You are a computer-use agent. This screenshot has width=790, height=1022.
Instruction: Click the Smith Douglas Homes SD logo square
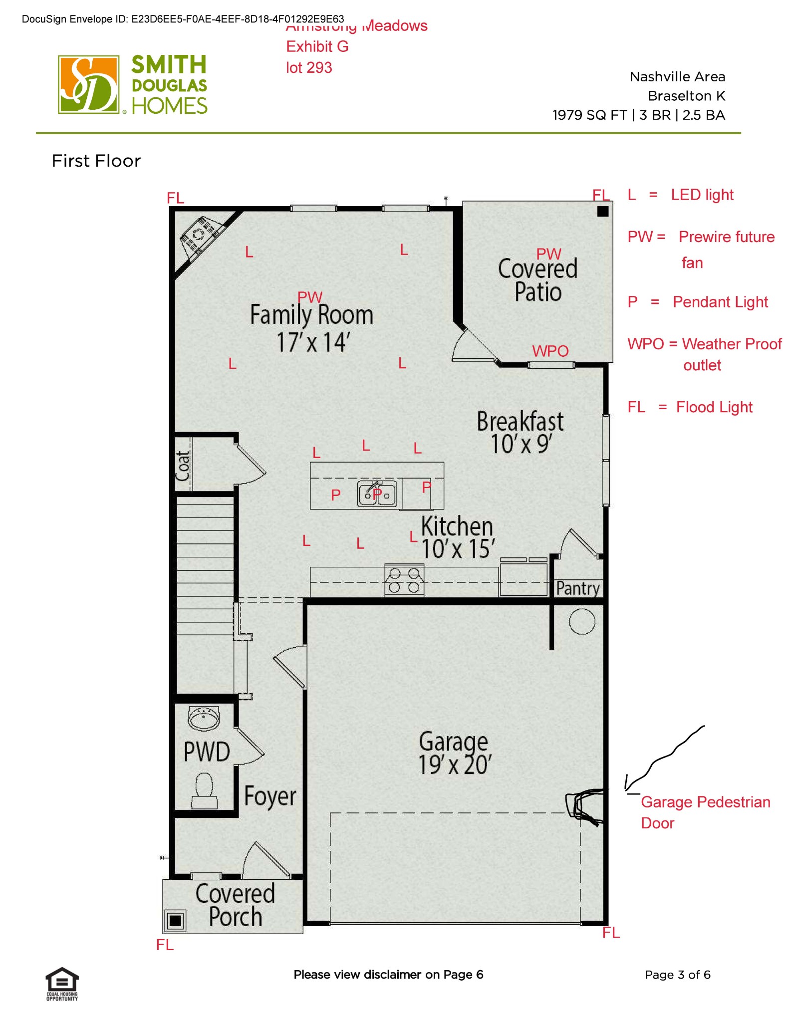click(88, 84)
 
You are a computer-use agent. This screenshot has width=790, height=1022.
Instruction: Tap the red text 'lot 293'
click(309, 67)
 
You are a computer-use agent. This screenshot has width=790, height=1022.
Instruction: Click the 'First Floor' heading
click(96, 161)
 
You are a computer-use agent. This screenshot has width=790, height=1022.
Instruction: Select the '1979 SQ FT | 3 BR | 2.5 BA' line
click(638, 115)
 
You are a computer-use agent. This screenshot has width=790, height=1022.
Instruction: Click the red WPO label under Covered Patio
click(550, 351)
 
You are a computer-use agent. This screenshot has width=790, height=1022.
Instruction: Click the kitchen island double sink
click(377, 494)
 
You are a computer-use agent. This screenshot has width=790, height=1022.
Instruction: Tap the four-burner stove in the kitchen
click(404, 580)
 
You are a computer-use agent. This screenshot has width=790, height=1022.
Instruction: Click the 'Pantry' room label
click(578, 588)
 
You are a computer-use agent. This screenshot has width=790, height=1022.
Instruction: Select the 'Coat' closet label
click(183, 466)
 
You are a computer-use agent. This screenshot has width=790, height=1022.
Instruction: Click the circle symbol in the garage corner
click(582, 622)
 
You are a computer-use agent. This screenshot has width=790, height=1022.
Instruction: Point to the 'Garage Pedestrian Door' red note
click(705, 812)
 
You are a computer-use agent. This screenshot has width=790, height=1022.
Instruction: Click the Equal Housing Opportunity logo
click(62, 983)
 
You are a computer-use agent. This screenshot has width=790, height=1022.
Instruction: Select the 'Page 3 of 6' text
click(677, 975)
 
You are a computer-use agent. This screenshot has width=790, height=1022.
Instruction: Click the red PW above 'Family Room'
click(309, 297)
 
